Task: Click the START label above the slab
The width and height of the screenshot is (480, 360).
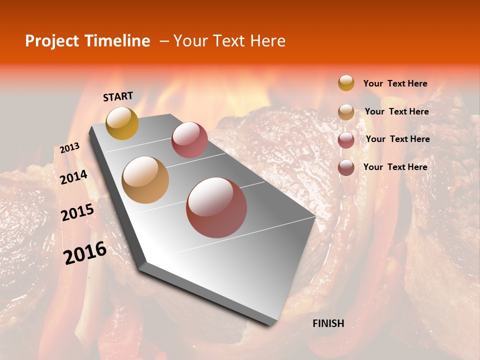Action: point(118,96)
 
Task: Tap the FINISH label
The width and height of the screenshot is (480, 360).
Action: point(328,323)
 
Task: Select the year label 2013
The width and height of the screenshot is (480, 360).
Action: point(70,148)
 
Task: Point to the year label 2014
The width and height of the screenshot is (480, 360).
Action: point(74,177)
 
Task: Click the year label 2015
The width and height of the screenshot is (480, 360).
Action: point(77,212)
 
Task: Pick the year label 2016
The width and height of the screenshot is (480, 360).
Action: point(85,252)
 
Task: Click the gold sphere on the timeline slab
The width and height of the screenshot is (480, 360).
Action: point(122,123)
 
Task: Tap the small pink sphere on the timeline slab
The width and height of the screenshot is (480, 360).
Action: point(189,139)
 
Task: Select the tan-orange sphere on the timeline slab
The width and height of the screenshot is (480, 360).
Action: point(145,180)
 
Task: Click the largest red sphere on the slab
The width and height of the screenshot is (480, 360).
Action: point(216,207)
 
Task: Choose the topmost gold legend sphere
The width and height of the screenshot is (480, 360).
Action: point(346,83)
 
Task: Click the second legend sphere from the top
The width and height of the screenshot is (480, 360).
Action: point(346,112)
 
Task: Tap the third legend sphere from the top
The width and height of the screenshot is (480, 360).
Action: point(346,140)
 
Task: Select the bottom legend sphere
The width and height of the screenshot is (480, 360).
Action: point(346,167)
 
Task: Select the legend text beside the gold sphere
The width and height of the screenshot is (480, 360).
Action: point(395,83)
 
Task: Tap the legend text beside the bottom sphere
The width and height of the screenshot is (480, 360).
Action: point(395,167)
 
